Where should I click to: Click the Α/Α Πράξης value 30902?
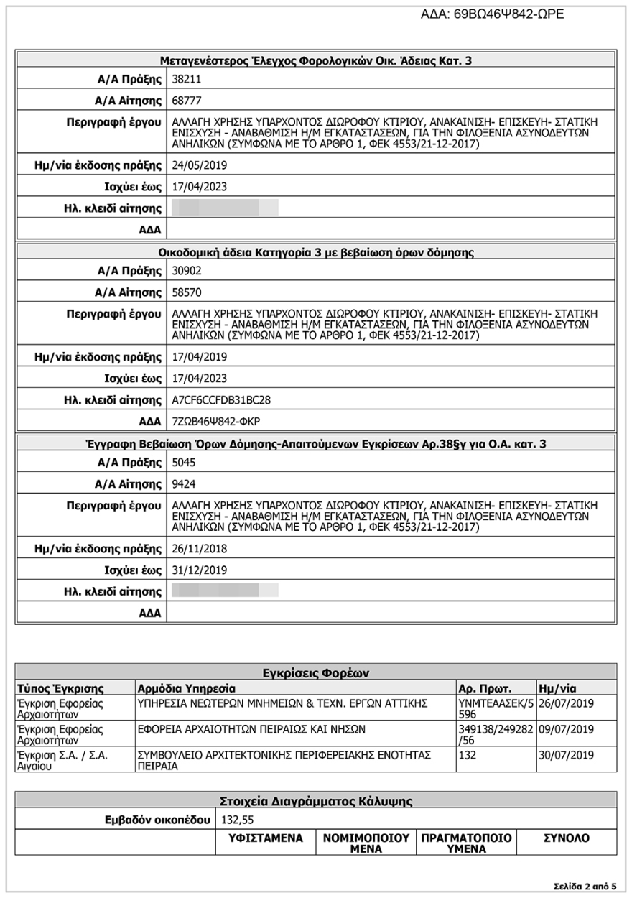tap(186, 271)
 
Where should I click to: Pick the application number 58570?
tap(186, 292)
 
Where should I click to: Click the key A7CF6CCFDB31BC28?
tap(221, 399)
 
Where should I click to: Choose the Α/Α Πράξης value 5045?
tap(183, 463)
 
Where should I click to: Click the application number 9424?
tap(183, 484)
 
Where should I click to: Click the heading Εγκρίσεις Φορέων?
tap(315, 673)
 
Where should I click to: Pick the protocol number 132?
tap(466, 756)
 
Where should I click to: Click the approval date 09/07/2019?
tap(566, 729)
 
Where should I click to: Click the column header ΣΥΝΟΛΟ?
tap(566, 838)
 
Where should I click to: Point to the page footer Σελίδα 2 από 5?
tap(585, 886)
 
